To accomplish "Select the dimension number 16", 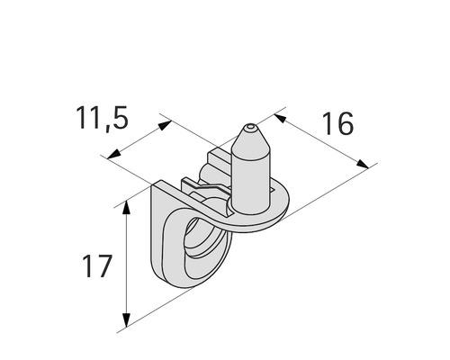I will coord(337,123).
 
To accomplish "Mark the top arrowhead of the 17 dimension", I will coord(127,210).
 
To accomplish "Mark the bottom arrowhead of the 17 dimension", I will coord(128,319).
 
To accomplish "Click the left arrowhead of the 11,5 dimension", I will coord(112,156).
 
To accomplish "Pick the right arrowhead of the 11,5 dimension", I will coord(166,124).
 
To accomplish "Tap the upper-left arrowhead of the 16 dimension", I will coord(279,114).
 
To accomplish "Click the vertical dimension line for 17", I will coord(128,265).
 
